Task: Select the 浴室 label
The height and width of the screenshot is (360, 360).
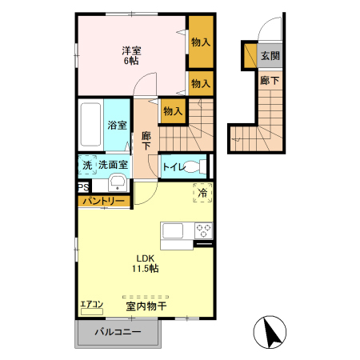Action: [117, 125]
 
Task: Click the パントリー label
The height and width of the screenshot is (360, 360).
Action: [102, 200]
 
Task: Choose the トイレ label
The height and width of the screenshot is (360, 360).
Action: [174, 167]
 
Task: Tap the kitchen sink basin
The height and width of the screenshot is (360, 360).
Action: [174, 230]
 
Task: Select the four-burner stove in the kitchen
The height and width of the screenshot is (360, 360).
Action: [203, 230]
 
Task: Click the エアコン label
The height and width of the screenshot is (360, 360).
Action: [92, 305]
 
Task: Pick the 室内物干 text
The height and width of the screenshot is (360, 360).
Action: [146, 306]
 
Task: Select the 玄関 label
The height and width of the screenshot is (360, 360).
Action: [270, 56]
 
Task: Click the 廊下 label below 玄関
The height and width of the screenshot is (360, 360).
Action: [270, 80]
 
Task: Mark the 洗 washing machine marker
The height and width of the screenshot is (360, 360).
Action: [86, 165]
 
